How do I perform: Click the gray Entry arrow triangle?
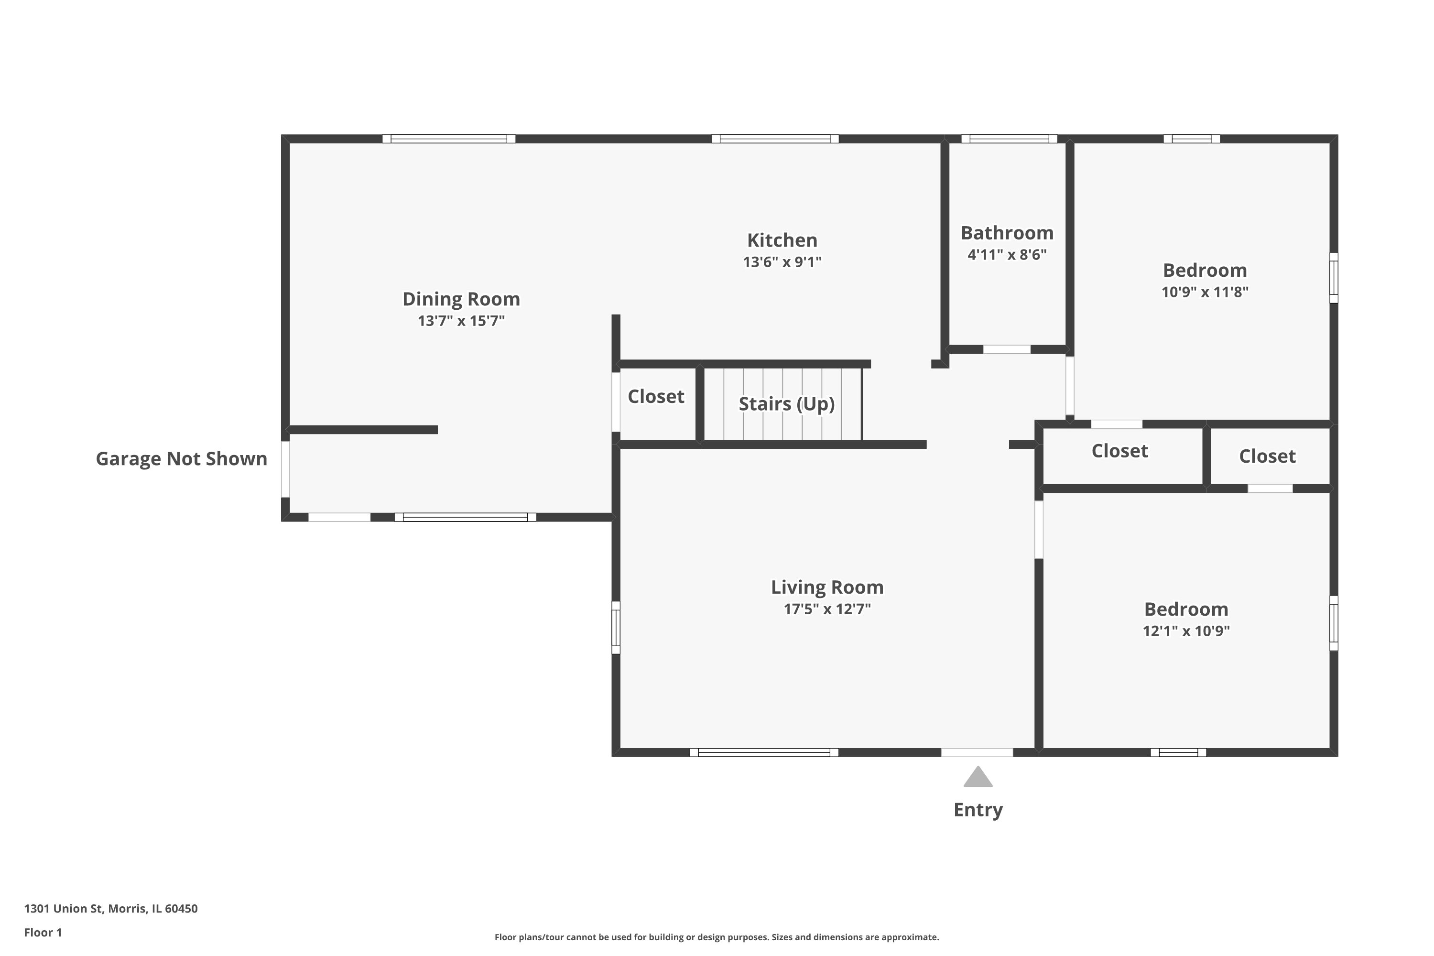[x=978, y=779]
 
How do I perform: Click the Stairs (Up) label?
[x=786, y=403]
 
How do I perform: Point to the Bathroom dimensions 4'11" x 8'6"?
[x=1007, y=254]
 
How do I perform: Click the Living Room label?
[x=827, y=587]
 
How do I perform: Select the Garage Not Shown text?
[x=181, y=458]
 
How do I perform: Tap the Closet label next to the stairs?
[x=655, y=396]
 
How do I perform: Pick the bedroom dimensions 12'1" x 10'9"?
[x=1186, y=630]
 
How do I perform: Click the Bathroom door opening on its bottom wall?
[x=1007, y=349]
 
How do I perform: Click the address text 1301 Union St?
[x=110, y=909]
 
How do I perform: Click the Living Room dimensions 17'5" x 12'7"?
[x=827, y=608]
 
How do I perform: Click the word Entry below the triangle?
[x=978, y=810]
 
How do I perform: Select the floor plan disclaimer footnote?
[x=717, y=937]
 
